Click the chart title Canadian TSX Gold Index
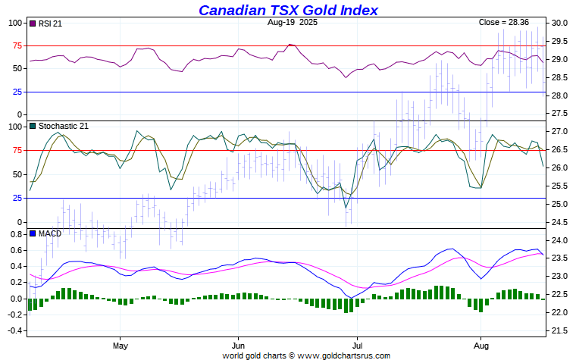pos(288,10)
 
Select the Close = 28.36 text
pos(504,23)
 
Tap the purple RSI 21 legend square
pos(32,23)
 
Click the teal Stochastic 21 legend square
pos(32,126)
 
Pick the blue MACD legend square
pos(32,233)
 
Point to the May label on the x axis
pos(120,345)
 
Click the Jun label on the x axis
pos(238,345)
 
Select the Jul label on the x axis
pos(355,345)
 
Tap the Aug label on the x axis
pos(481,345)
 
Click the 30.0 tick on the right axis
pos(561,23)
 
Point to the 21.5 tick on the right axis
pos(561,330)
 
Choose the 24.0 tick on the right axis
pos(561,240)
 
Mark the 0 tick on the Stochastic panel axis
pos(20,222)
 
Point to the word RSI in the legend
pos(44,23)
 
